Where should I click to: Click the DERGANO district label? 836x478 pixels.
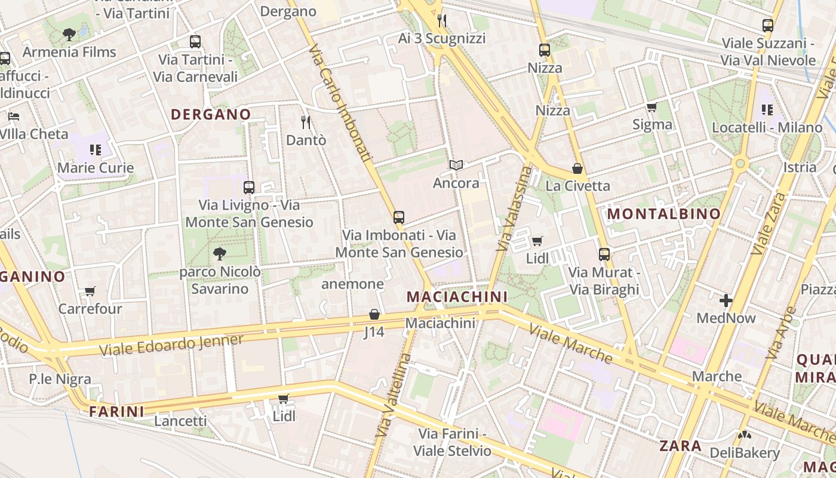click(211, 114)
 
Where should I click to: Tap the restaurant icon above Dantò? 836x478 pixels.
click(306, 122)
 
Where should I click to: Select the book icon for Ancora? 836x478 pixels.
click(456, 165)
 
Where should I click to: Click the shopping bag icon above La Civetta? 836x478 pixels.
click(577, 168)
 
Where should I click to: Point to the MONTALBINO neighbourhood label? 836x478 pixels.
click(663, 214)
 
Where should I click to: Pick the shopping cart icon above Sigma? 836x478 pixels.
click(651, 108)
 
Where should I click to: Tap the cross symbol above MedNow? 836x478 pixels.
click(726, 301)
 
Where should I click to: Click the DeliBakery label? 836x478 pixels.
click(744, 453)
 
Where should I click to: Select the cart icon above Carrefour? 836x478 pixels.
click(90, 292)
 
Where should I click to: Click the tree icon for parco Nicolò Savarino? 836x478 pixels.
click(220, 254)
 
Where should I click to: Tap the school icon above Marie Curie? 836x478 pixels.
click(96, 149)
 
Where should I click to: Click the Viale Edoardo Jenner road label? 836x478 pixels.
click(171, 345)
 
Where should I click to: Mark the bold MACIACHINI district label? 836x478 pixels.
click(457, 296)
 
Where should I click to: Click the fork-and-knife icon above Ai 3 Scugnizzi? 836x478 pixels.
click(442, 21)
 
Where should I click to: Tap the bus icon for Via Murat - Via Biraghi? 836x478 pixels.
click(604, 255)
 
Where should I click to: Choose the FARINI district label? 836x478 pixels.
click(116, 411)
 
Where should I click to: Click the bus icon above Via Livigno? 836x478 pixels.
click(249, 187)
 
